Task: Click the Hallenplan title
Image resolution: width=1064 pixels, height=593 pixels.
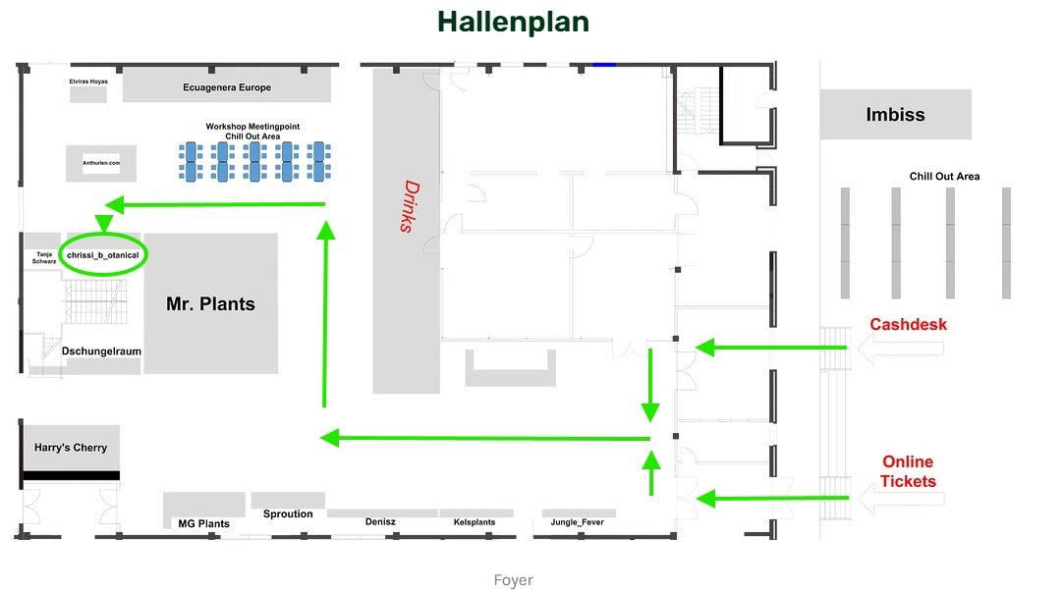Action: pyautogui.click(x=513, y=22)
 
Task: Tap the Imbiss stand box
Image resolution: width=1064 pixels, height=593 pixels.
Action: pyautogui.click(x=895, y=114)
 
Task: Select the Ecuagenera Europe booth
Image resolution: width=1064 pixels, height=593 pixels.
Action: pyautogui.click(x=227, y=84)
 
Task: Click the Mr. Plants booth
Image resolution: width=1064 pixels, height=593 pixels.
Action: pyautogui.click(x=210, y=303)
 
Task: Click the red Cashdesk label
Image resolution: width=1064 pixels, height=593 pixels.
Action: pyautogui.click(x=908, y=324)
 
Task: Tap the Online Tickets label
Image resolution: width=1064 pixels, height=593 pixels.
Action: pyautogui.click(x=908, y=471)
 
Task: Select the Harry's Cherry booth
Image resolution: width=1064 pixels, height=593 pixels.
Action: pyautogui.click(x=72, y=448)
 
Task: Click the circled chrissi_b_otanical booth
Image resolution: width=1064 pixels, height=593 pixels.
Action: pyautogui.click(x=103, y=255)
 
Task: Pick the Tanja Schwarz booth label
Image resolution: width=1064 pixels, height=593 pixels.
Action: pyautogui.click(x=44, y=258)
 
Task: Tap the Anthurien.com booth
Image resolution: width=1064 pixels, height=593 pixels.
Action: pyautogui.click(x=101, y=163)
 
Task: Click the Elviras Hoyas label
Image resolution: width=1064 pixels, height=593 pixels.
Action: pyautogui.click(x=88, y=81)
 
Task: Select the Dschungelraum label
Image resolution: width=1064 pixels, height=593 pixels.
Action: pyautogui.click(x=101, y=351)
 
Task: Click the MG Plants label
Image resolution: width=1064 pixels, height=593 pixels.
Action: pyautogui.click(x=203, y=524)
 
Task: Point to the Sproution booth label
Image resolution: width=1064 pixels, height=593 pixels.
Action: pyautogui.click(x=288, y=513)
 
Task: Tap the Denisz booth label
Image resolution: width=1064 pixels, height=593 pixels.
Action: pyautogui.click(x=380, y=521)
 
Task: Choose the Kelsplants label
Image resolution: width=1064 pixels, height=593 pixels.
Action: pyautogui.click(x=475, y=522)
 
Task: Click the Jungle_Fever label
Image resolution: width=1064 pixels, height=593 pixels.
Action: pyautogui.click(x=577, y=522)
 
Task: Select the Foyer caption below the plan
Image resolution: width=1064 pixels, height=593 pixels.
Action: pyautogui.click(x=513, y=580)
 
